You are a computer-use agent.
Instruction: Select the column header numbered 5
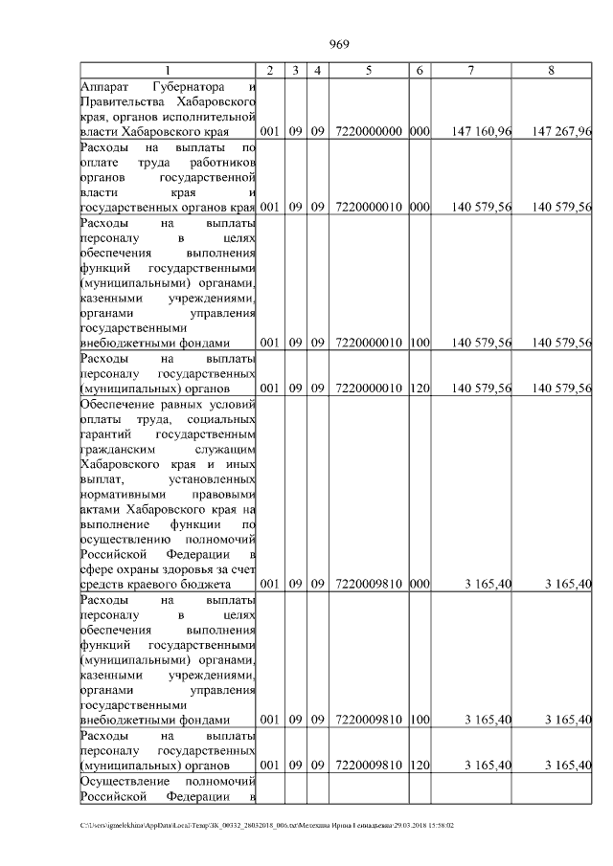tap(369, 71)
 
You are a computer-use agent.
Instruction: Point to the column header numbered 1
tap(168, 71)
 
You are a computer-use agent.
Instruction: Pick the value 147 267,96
tap(561, 131)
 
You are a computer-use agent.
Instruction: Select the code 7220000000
tap(369, 131)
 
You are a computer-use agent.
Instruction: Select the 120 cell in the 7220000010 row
tap(419, 388)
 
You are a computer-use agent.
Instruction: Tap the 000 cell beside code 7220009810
tap(419, 584)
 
